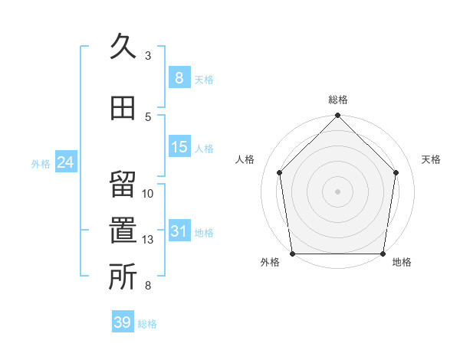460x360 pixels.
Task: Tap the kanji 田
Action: pyautogui.click(x=123, y=108)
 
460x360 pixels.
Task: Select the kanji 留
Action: pyautogui.click(x=123, y=185)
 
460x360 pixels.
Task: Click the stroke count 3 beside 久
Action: pyautogui.click(x=148, y=56)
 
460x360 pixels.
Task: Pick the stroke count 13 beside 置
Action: pyautogui.click(x=148, y=240)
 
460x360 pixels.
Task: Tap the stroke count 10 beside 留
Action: pyautogui.click(x=148, y=193)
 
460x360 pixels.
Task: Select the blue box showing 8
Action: pyautogui.click(x=179, y=78)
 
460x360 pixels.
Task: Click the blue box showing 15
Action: pyautogui.click(x=179, y=147)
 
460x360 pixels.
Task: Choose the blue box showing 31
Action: pyautogui.click(x=179, y=231)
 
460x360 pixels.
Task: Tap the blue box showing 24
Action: pyautogui.click(x=65, y=162)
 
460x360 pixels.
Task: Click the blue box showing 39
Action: pyautogui.click(x=122, y=322)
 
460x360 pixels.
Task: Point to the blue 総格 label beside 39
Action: pyautogui.click(x=147, y=324)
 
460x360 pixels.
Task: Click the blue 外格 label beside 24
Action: pyautogui.click(x=41, y=164)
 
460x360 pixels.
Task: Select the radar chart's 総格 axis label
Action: pyautogui.click(x=338, y=100)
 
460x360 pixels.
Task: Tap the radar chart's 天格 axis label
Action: pyautogui.click(x=432, y=159)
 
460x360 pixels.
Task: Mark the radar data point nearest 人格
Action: pyautogui.click(x=280, y=172)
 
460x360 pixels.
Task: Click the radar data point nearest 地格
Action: pyautogui.click(x=383, y=254)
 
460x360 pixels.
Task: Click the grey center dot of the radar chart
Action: pyautogui.click(x=338, y=191)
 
